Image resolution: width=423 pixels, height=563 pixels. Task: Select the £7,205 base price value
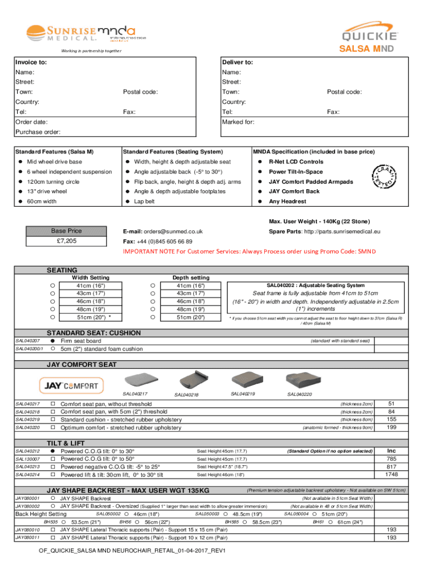[66, 241]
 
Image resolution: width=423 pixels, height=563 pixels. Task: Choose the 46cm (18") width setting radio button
[52, 301]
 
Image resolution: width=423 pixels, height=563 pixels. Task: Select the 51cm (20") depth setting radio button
[152, 317]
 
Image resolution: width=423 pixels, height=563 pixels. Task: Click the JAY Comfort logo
[71, 385]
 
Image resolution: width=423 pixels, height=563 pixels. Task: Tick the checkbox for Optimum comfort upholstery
[54, 428]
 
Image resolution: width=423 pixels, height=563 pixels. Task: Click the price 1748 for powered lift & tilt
[391, 474]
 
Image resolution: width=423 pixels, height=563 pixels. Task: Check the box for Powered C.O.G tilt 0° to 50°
[54, 459]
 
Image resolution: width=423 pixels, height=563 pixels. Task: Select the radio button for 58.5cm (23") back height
[246, 522]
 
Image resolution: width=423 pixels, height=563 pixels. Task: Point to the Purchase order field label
[37, 132]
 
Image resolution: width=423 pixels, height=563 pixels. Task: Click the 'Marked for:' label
[238, 122]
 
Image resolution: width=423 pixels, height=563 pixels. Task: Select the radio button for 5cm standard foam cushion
[53, 349]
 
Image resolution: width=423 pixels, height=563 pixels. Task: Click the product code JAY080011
[27, 538]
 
